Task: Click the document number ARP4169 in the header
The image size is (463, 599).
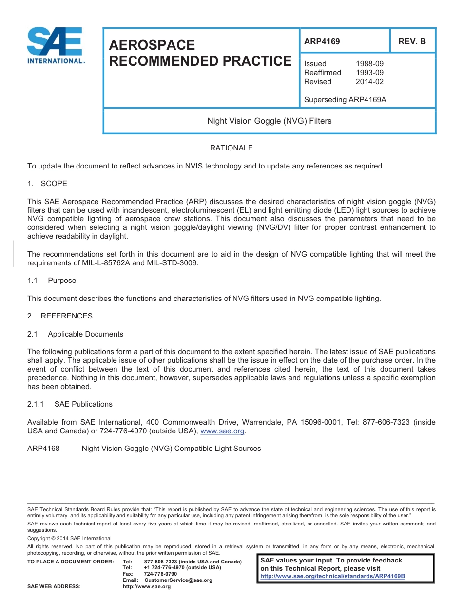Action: pyautogui.click(x=322, y=41)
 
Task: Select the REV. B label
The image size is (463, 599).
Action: pyautogui.click(x=412, y=41)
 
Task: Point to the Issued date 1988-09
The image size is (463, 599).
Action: pyautogui.click(x=369, y=64)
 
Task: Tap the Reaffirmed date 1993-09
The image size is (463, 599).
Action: pyautogui.click(x=369, y=73)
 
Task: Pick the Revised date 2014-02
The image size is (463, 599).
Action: pyautogui.click(x=369, y=82)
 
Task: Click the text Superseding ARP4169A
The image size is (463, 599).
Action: pyautogui.click(x=345, y=100)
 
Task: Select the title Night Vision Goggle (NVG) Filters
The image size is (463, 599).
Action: pyautogui.click(x=269, y=121)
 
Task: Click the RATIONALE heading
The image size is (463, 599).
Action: pyautogui.click(x=231, y=148)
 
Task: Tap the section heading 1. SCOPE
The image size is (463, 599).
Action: pyautogui.click(x=47, y=184)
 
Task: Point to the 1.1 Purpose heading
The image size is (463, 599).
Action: pyautogui.click(x=52, y=281)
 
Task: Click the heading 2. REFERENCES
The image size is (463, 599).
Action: pyautogui.click(x=59, y=316)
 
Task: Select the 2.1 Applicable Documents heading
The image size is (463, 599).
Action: pyautogui.click(x=75, y=334)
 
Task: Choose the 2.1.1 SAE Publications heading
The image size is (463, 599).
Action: pyautogui.click(x=70, y=404)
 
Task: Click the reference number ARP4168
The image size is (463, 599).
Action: pyautogui.click(x=43, y=449)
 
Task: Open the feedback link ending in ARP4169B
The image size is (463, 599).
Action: pyautogui.click(x=332, y=576)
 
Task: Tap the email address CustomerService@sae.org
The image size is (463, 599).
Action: pyautogui.click(x=178, y=580)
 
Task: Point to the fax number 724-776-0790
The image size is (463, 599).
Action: pyautogui.click(x=160, y=574)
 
